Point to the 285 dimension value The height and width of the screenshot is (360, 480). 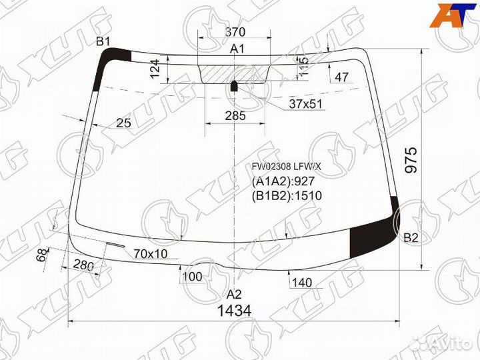pyautogui.click(x=235, y=115)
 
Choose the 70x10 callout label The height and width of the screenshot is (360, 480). pyautogui.click(x=151, y=253)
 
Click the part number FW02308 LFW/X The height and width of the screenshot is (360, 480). pyautogui.click(x=286, y=166)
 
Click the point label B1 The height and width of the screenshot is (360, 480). pyautogui.click(x=103, y=42)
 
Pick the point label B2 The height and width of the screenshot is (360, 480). pyautogui.click(x=411, y=238)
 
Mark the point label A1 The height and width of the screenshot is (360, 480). pyautogui.click(x=237, y=49)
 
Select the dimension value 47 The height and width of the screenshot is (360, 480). pyautogui.click(x=342, y=78)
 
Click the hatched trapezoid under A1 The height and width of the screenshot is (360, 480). pyautogui.click(x=235, y=73)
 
